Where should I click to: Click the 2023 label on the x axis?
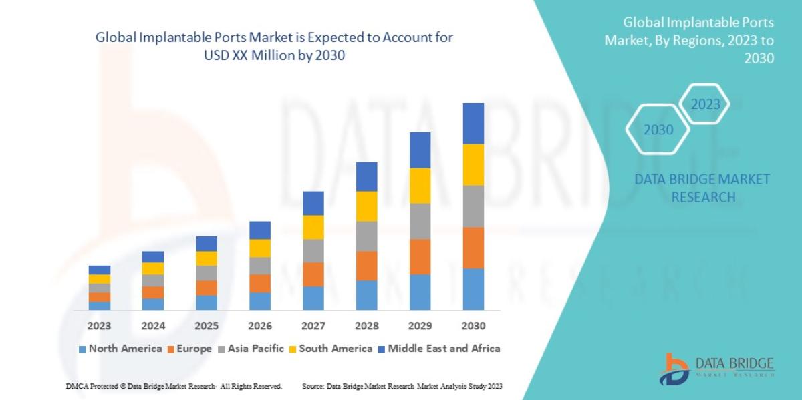click(x=99, y=326)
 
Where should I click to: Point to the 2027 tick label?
click(x=313, y=326)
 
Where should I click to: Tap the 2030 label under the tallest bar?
click(x=473, y=326)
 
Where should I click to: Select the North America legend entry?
click(x=120, y=349)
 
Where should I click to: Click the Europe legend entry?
click(x=190, y=349)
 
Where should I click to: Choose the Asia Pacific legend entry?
click(x=251, y=349)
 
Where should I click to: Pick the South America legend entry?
click(x=329, y=349)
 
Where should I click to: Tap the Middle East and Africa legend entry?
click(x=438, y=349)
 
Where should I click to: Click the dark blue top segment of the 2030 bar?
click(x=473, y=123)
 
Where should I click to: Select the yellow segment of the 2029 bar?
click(x=420, y=186)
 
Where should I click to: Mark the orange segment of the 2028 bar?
click(x=366, y=266)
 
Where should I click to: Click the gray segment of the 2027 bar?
click(x=313, y=251)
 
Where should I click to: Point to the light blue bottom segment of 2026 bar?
click(x=259, y=301)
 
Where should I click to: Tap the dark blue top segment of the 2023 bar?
click(x=99, y=270)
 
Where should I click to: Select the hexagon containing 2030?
click(x=658, y=130)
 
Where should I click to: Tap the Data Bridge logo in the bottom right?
click(x=716, y=369)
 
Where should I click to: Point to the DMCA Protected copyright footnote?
click(x=174, y=386)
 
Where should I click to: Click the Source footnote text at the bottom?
click(x=402, y=386)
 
